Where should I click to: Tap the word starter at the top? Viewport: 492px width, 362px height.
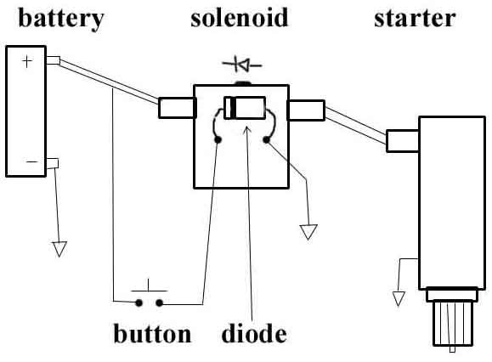coord(416,19)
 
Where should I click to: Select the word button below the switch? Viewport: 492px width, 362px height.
coord(153,332)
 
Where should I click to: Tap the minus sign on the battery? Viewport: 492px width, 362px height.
coord(31,159)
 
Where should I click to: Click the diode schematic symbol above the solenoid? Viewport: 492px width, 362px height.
coord(241,65)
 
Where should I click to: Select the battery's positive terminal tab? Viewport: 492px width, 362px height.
coord(53,60)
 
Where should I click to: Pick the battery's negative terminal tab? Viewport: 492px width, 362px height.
coord(53,163)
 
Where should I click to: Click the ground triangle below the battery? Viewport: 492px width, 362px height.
coord(59,248)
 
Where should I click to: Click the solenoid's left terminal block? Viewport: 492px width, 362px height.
coord(176,108)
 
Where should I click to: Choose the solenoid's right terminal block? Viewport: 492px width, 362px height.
coord(306,110)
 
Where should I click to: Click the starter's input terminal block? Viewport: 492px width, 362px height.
coord(403,140)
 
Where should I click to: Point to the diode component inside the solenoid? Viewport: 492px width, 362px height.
coord(244,110)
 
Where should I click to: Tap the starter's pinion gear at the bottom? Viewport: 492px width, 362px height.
coord(451,323)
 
